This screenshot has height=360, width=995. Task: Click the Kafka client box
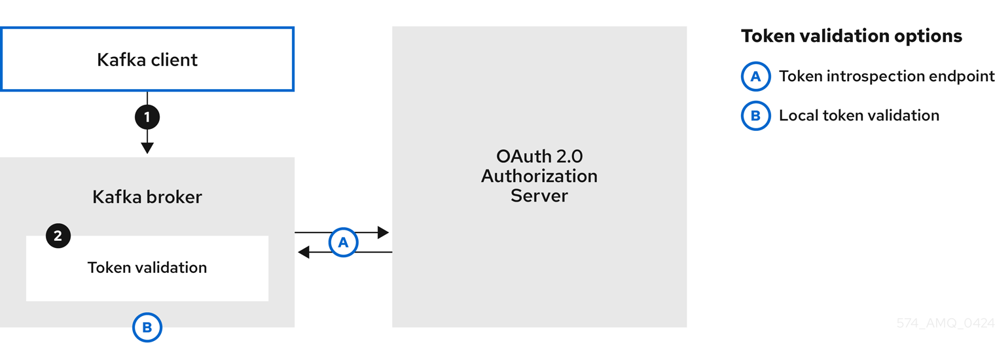[x=147, y=60]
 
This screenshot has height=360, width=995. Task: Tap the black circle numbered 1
[x=147, y=117]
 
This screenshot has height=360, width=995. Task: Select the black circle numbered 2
[x=58, y=236]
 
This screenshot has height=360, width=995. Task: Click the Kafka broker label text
[x=147, y=196]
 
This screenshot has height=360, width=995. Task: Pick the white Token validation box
[x=147, y=275]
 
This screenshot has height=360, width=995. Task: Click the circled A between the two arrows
[x=343, y=242]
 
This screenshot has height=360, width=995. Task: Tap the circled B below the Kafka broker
[x=147, y=327]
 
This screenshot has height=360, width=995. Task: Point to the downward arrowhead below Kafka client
[x=147, y=147]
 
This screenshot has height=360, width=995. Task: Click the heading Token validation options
[x=851, y=36]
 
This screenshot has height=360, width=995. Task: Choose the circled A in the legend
[x=755, y=77]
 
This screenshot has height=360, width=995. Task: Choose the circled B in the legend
[x=755, y=116]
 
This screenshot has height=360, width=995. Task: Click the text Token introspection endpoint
[x=886, y=77]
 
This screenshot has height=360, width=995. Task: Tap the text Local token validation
[x=858, y=116]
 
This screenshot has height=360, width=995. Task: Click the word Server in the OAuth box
[x=539, y=195]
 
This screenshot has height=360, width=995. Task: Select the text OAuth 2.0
[x=539, y=157]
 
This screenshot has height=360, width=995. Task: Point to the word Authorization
[x=539, y=176]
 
